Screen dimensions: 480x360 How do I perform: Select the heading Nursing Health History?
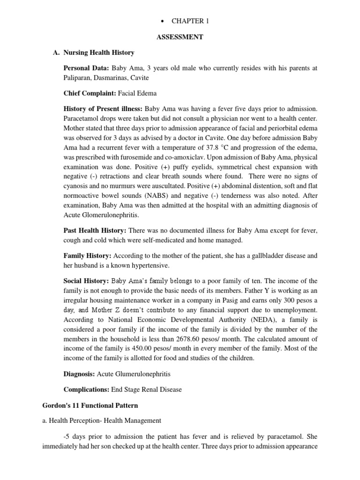click(99, 52)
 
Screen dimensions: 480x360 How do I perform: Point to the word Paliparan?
click(78, 77)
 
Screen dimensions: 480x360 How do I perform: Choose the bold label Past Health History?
click(94, 231)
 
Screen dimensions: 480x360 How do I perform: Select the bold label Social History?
click(86, 281)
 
